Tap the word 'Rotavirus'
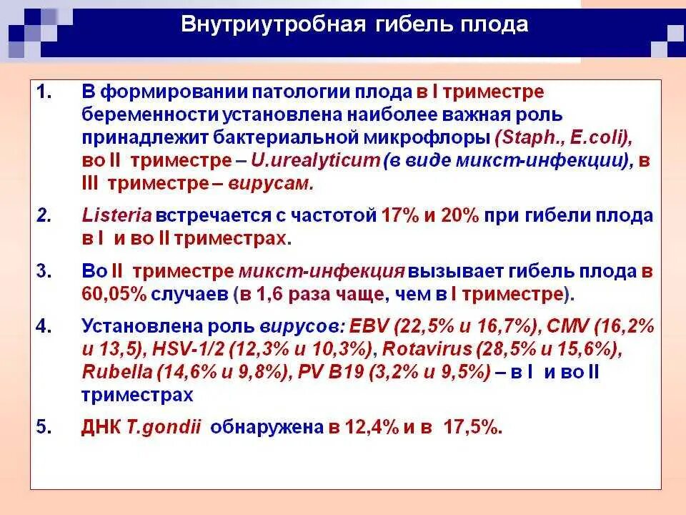(427, 350)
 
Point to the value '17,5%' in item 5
(469, 428)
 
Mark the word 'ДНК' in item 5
(101, 428)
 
